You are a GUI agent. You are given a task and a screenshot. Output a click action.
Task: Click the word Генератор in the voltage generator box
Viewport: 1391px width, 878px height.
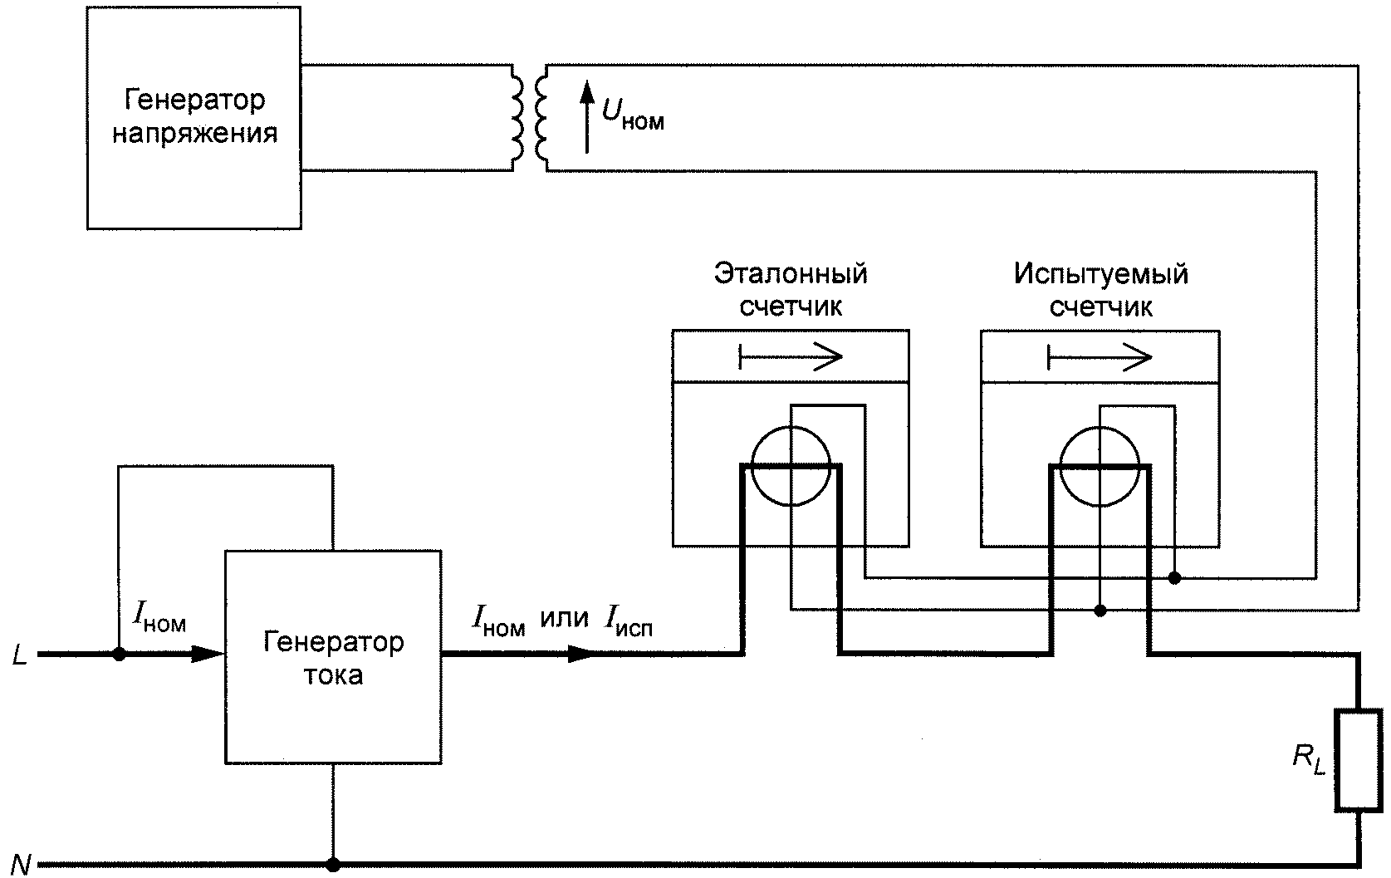pyautogui.click(x=194, y=100)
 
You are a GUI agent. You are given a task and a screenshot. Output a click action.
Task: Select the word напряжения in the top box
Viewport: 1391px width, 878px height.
pyautogui.click(x=195, y=134)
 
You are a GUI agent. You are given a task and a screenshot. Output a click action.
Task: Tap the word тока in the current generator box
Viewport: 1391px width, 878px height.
pyautogui.click(x=334, y=675)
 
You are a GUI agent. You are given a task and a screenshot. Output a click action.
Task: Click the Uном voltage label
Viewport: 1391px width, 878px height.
pyautogui.click(x=633, y=114)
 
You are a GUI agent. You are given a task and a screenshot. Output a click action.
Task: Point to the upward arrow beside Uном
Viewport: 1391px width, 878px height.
pyautogui.click(x=587, y=117)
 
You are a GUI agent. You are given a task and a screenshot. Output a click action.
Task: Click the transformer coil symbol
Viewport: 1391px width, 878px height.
pyautogui.click(x=530, y=118)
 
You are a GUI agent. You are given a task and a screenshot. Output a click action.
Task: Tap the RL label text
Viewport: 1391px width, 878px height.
pyautogui.click(x=1309, y=759)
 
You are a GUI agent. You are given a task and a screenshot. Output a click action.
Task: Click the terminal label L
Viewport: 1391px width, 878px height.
pyautogui.click(x=19, y=655)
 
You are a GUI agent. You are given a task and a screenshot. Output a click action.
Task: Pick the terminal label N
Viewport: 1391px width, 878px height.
pyautogui.click(x=20, y=865)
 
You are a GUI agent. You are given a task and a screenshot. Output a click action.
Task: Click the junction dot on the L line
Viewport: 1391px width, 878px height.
pyautogui.click(x=119, y=654)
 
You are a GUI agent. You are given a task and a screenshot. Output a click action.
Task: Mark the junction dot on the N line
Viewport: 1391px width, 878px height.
pyautogui.click(x=334, y=865)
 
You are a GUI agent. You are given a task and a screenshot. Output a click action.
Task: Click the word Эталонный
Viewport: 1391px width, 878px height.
pyautogui.click(x=791, y=273)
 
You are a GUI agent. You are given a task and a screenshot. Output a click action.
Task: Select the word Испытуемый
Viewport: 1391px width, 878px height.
pyautogui.click(x=1101, y=274)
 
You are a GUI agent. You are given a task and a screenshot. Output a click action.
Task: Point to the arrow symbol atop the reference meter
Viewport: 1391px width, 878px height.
pyautogui.click(x=791, y=356)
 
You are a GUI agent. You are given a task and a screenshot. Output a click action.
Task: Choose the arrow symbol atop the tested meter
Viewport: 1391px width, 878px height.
pyautogui.click(x=1100, y=357)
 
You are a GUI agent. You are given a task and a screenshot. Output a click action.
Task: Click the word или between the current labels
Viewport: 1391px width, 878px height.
pyautogui.click(x=565, y=619)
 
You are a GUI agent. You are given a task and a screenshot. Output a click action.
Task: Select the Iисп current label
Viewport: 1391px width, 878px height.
pyautogui.click(x=629, y=621)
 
